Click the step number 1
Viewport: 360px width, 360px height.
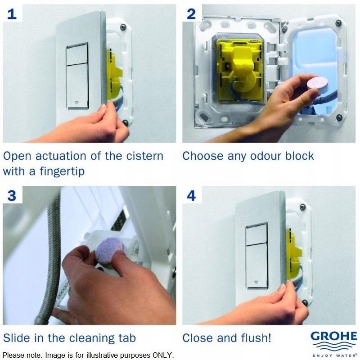(12, 14)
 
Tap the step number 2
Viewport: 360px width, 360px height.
(191, 14)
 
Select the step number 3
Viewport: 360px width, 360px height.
(12, 196)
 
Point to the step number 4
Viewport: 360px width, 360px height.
(192, 196)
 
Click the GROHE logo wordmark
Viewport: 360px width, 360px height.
(334, 336)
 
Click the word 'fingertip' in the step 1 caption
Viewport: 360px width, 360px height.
(62, 171)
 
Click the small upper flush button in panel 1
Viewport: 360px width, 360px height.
(77, 54)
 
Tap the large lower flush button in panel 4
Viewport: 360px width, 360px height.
(256, 265)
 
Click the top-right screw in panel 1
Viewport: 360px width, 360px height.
(123, 27)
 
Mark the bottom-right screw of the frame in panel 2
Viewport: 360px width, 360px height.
(339, 117)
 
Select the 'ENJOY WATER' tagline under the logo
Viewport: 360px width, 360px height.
(335, 355)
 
